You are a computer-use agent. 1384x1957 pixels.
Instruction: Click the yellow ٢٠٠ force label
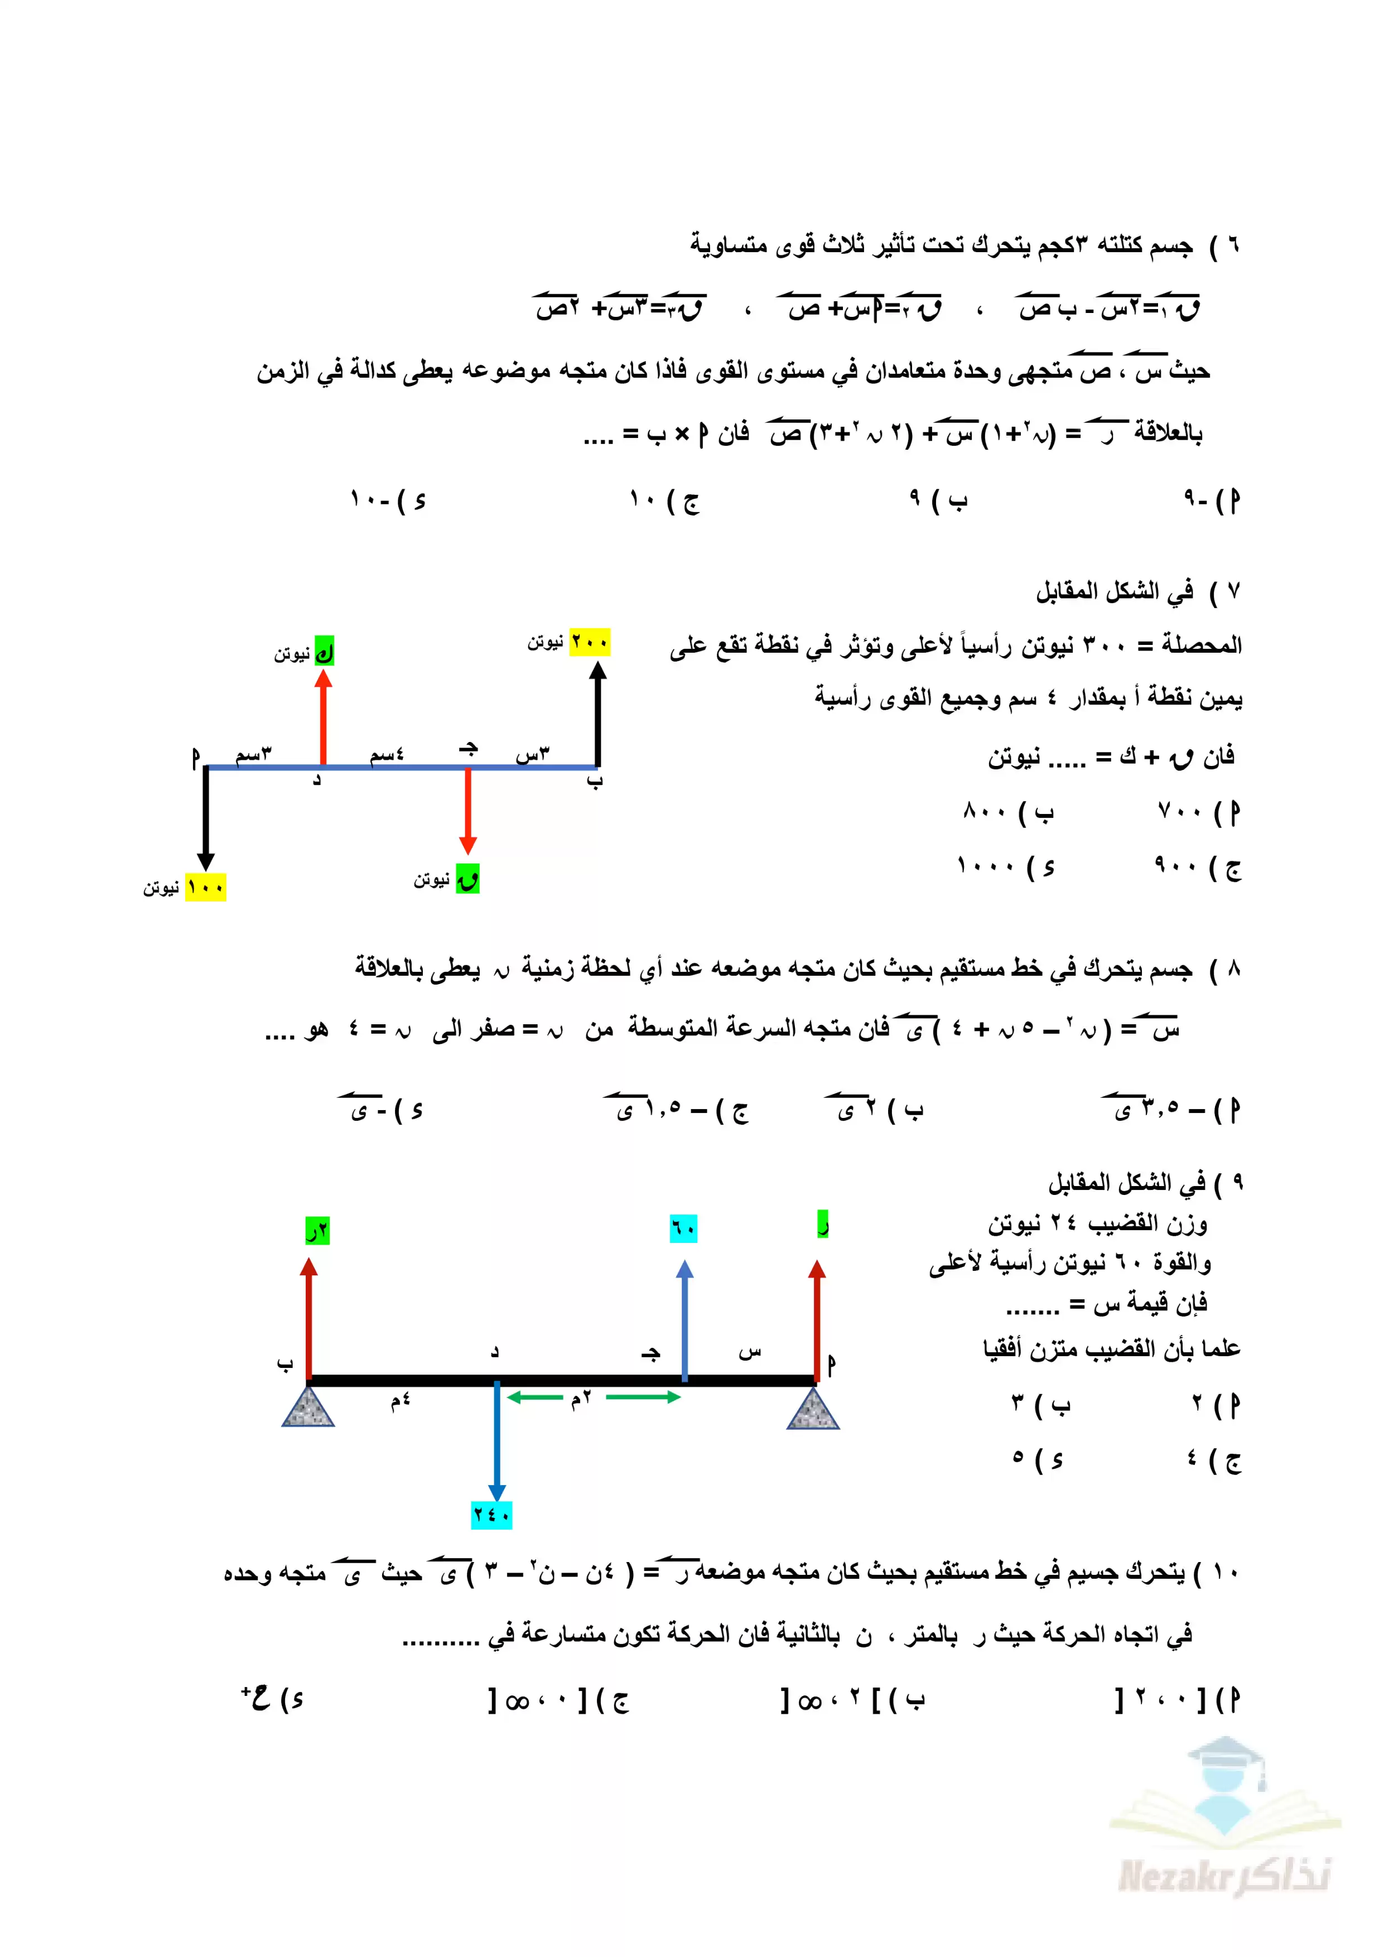tap(590, 642)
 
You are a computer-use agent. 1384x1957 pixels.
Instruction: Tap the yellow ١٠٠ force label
tap(205, 888)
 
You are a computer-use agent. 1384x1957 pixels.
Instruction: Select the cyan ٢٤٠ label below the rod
tap(491, 1515)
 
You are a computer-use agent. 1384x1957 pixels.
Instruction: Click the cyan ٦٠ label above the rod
tap(683, 1228)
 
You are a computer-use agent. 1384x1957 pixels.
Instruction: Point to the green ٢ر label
tap(317, 1231)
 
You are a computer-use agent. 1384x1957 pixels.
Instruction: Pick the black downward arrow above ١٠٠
tap(205, 818)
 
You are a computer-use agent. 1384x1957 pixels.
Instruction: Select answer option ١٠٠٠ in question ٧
tap(1006, 867)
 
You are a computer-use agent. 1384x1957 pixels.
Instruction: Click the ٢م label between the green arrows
tap(581, 1399)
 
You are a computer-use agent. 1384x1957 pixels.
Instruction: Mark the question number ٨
tap(1234, 969)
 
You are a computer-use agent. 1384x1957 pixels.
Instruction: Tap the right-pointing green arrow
tap(643, 1397)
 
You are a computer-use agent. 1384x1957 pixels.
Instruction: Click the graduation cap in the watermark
tap(1226, 1755)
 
